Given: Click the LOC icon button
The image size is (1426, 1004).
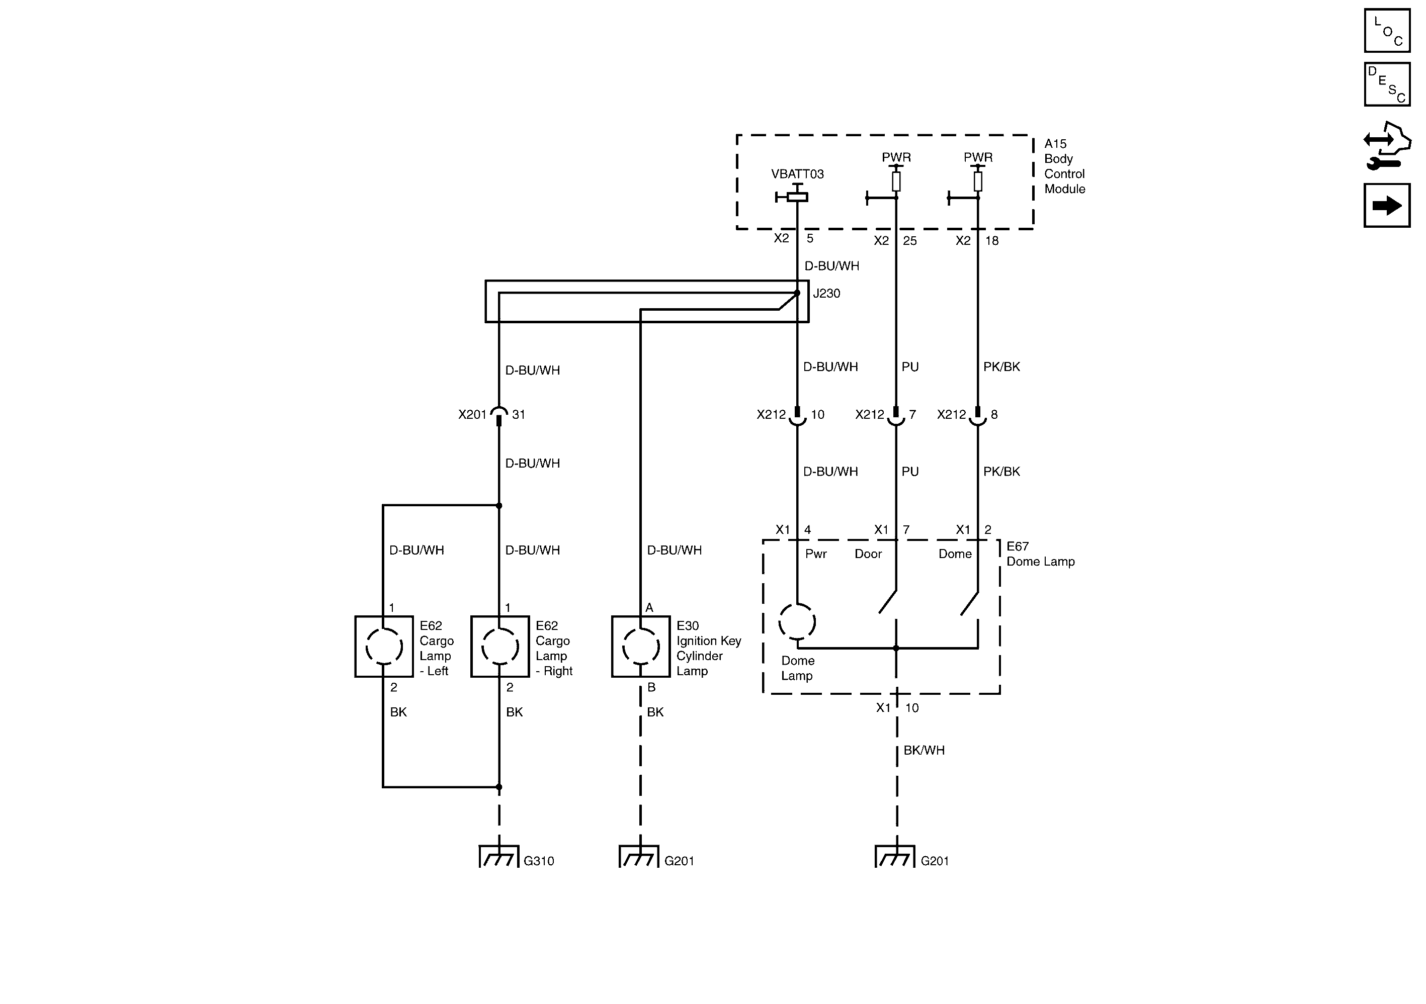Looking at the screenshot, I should pos(1387,31).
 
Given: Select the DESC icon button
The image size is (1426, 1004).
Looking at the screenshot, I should pos(1387,84).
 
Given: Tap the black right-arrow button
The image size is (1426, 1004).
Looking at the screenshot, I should pos(1387,206).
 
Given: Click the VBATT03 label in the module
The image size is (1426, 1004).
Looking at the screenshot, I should pos(797,174).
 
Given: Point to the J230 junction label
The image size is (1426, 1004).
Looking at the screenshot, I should pos(826,294).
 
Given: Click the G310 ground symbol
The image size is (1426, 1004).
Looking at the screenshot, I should pos(499,857).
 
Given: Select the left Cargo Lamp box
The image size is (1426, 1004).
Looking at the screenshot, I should pos(384,647).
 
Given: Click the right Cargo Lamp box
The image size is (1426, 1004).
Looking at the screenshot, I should pos(500,647).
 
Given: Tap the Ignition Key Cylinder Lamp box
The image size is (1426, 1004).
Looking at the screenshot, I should pos(640,647).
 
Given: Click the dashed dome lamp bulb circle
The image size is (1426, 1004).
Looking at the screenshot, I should pos(797,621).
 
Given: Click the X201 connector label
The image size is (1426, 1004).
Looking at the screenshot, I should pos(472,415).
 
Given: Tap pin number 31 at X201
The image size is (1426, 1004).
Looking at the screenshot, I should pos(519,415).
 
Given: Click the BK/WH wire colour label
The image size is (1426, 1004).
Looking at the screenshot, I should pos(924,750).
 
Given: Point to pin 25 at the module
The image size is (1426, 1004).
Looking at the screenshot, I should pos(909,241).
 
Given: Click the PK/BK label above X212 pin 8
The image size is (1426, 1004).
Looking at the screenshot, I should pos(1001,367).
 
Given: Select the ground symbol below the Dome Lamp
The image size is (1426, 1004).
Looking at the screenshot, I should pos(895,857).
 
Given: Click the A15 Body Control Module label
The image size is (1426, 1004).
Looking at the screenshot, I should pos(1064,166).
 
